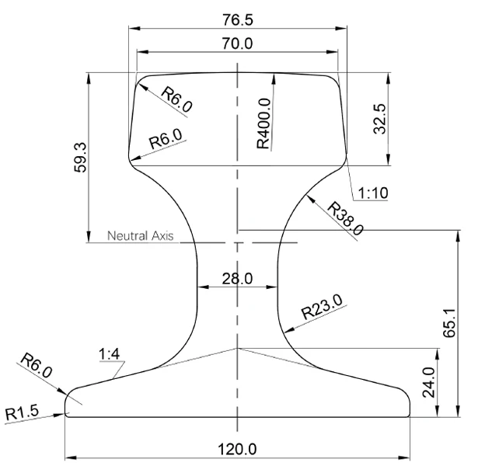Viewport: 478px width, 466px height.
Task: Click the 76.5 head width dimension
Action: (x=238, y=19)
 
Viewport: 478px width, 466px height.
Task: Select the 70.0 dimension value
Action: (x=238, y=43)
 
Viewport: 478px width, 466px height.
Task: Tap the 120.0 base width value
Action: (x=237, y=449)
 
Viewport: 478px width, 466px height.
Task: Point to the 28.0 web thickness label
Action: (x=238, y=278)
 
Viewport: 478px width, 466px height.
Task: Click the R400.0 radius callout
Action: (x=264, y=123)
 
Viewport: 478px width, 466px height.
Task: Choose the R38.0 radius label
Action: (x=345, y=218)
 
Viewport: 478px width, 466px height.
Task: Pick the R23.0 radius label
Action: (x=322, y=307)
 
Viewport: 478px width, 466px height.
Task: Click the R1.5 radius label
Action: (x=23, y=412)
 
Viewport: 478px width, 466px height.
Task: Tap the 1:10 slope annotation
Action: (x=373, y=193)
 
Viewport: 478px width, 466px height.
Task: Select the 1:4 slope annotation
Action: (x=109, y=354)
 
